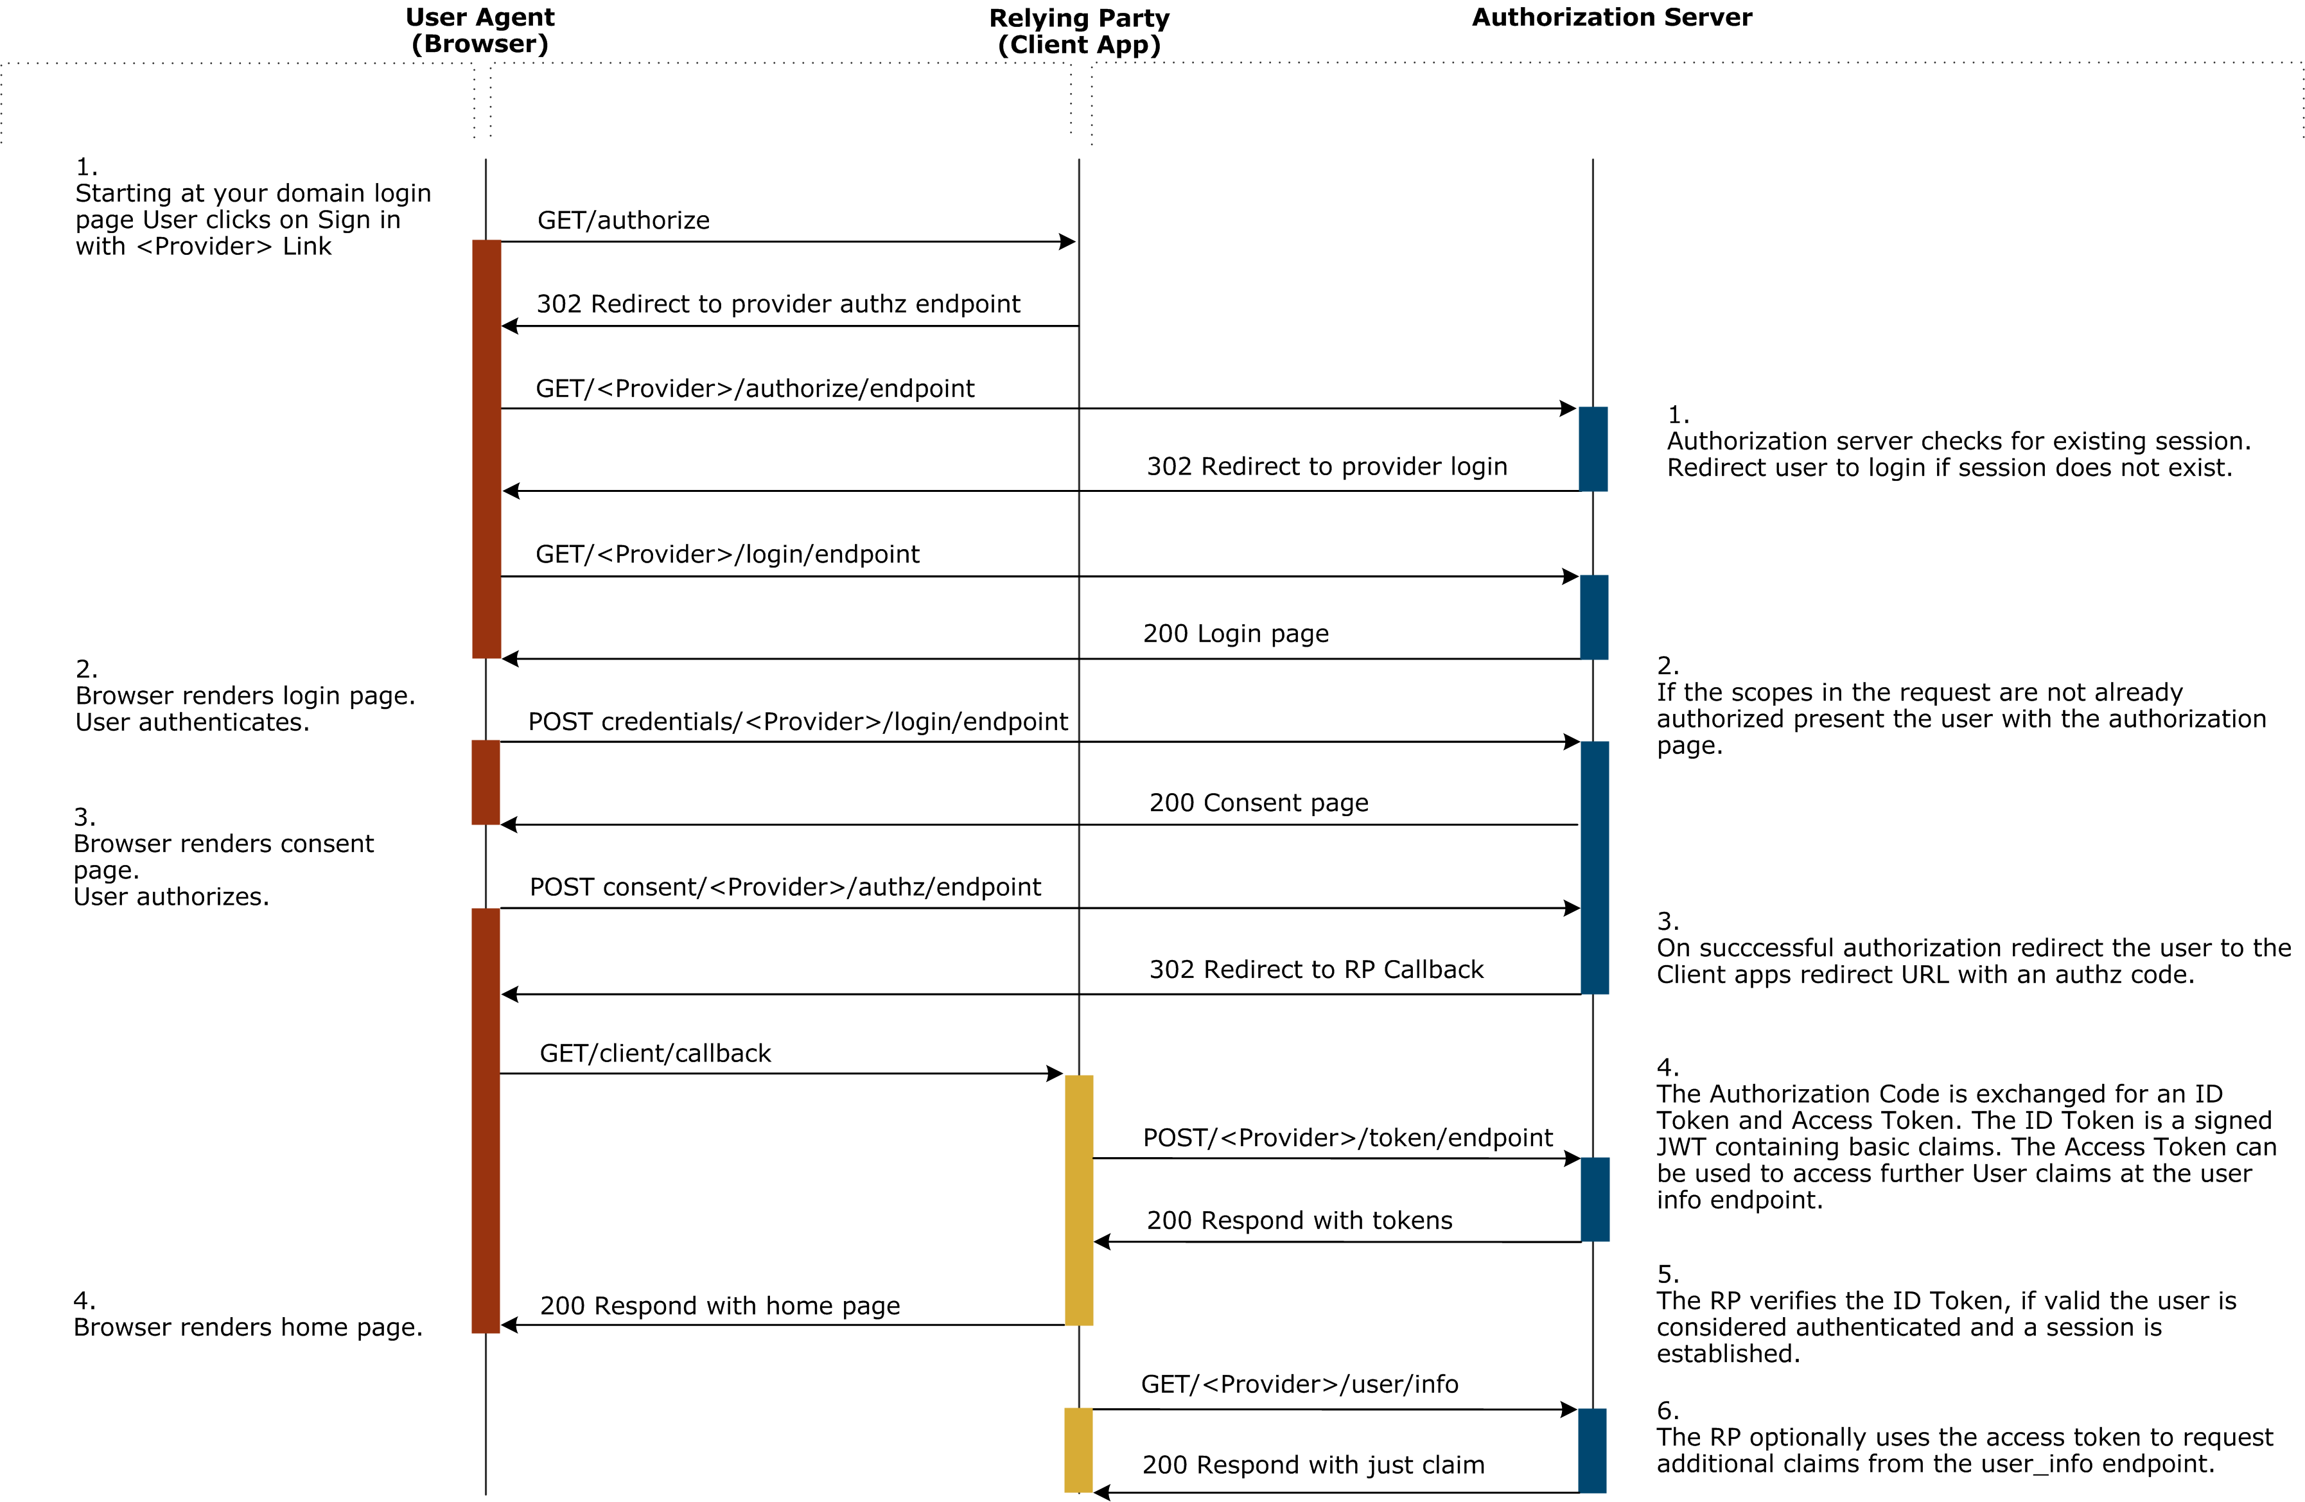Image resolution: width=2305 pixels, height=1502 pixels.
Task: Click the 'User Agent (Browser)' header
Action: (479, 30)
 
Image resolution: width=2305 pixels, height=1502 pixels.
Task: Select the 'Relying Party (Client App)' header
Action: (1079, 31)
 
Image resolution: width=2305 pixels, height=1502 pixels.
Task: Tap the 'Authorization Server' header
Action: (1611, 17)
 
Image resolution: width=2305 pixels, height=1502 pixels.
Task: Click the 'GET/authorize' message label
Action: (624, 221)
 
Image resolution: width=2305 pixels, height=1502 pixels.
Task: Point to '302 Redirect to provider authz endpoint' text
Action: (778, 304)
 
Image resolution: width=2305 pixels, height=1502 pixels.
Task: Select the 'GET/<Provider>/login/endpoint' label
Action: (727, 554)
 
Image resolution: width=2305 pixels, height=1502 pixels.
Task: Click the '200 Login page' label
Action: (1236, 633)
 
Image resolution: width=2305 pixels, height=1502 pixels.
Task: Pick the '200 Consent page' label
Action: (1259, 803)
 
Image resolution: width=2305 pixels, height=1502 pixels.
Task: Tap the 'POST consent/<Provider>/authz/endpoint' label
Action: (785, 887)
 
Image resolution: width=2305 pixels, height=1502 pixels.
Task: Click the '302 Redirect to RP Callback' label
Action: (1316, 970)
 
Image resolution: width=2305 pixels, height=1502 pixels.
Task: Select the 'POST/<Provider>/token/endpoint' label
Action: (1347, 1138)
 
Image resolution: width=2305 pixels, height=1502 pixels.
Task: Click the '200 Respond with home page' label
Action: (719, 1306)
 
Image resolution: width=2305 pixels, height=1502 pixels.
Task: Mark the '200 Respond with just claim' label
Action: (1313, 1465)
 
